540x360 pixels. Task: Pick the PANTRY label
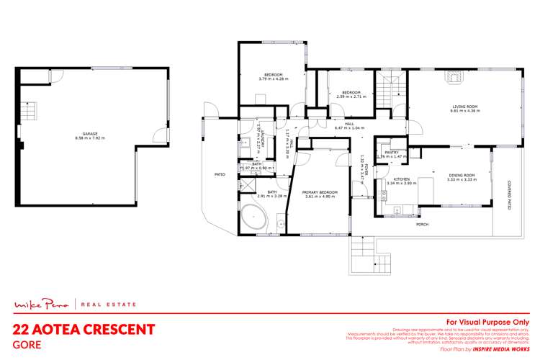pos(392,152)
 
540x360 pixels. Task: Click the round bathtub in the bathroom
pos(254,217)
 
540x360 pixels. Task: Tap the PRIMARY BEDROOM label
pos(318,192)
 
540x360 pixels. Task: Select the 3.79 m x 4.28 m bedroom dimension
pos(273,79)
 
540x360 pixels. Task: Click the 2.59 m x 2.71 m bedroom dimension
pos(351,96)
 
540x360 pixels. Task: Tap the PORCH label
pos(423,225)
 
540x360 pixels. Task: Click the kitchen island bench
pos(425,191)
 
